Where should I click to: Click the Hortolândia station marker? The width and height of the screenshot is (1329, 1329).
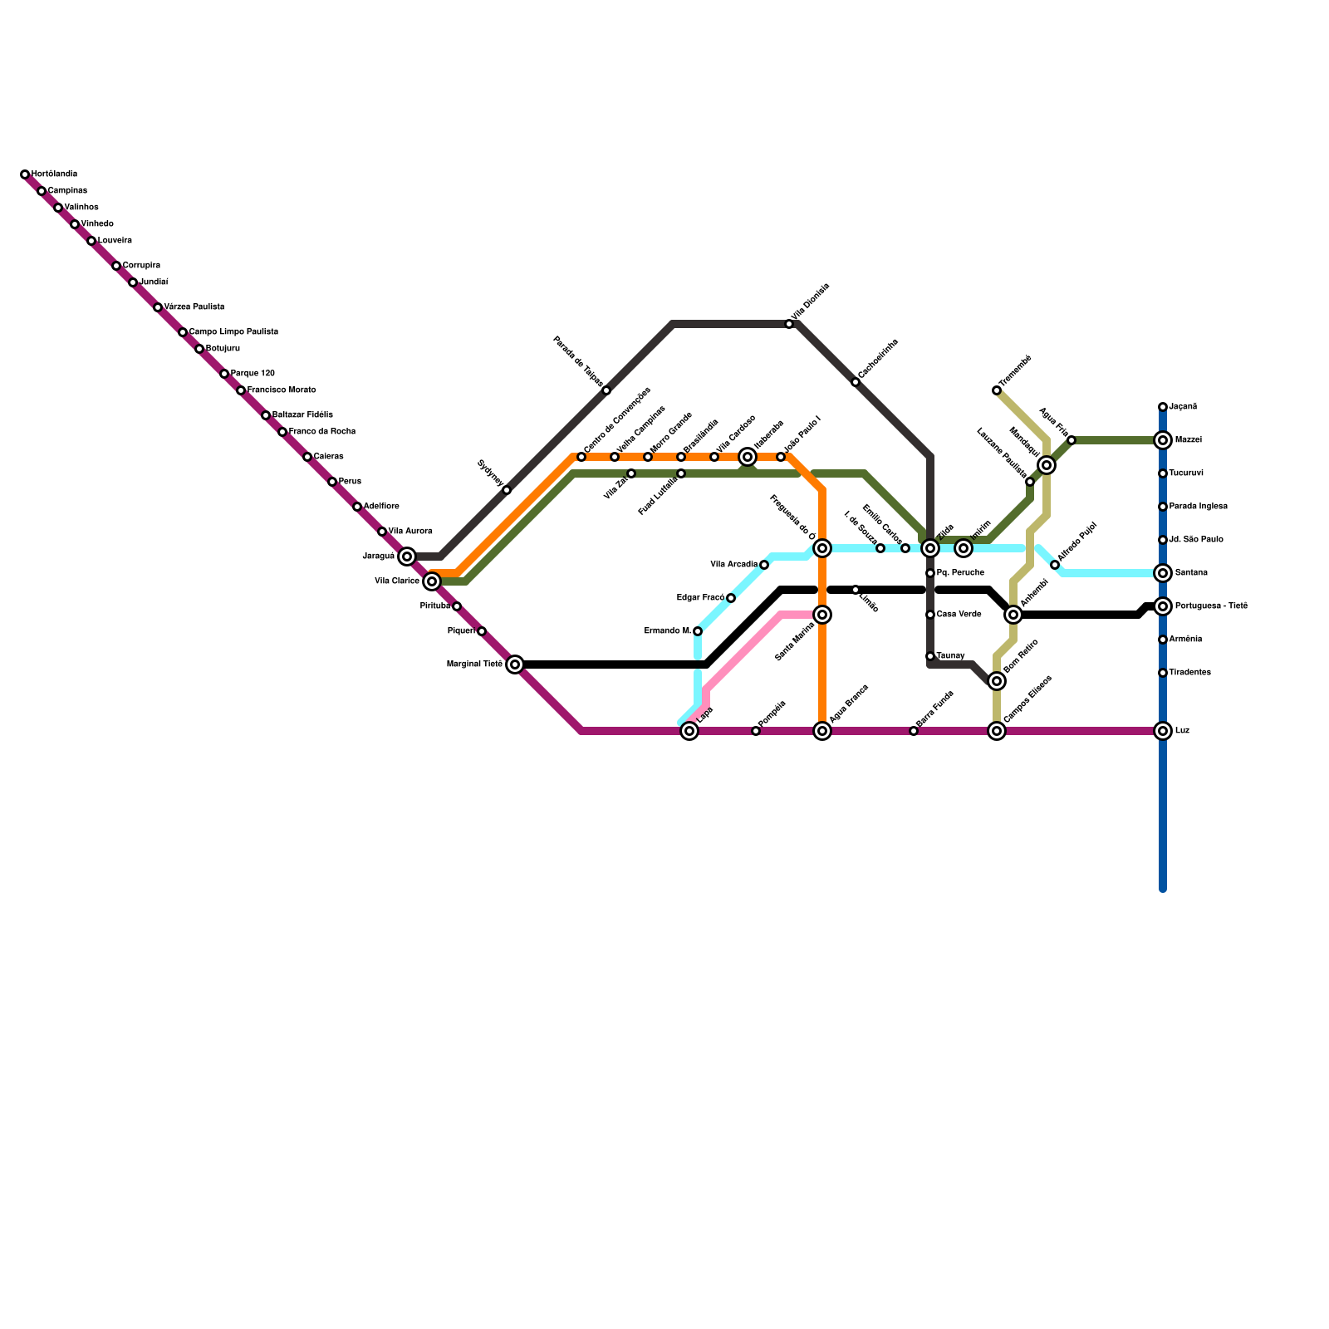[x=25, y=174]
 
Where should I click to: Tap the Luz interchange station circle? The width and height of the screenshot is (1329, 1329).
[x=1163, y=731]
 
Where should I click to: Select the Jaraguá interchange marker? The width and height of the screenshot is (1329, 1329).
[x=407, y=557]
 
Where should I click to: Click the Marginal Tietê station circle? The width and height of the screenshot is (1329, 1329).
[x=515, y=664]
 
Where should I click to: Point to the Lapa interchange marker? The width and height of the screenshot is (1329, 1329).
[x=689, y=731]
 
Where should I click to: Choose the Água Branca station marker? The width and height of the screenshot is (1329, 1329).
[x=822, y=731]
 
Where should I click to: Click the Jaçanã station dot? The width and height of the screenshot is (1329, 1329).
[x=1163, y=407]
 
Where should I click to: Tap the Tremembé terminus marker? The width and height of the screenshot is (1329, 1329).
[x=997, y=390]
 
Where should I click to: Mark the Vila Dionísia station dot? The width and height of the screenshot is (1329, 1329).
[x=789, y=324]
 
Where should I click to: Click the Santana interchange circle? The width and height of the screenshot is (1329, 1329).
[x=1163, y=573]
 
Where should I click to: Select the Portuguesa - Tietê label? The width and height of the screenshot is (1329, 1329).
[x=1211, y=606]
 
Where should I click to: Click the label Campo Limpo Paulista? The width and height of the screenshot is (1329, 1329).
[x=233, y=332]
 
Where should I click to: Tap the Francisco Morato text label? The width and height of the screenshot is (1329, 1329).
[x=282, y=390]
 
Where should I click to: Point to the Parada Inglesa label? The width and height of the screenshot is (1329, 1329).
[x=1198, y=507]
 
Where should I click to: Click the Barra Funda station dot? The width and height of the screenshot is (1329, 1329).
[x=914, y=731]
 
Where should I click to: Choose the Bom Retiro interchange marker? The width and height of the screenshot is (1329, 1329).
[x=997, y=681]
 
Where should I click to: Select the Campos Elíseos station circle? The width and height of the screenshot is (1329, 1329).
[x=997, y=731]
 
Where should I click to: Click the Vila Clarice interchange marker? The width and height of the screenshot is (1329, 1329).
[x=432, y=581]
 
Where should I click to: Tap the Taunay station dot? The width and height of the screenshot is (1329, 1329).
[x=930, y=656]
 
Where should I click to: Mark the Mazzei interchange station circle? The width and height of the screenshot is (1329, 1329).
[x=1163, y=440]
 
